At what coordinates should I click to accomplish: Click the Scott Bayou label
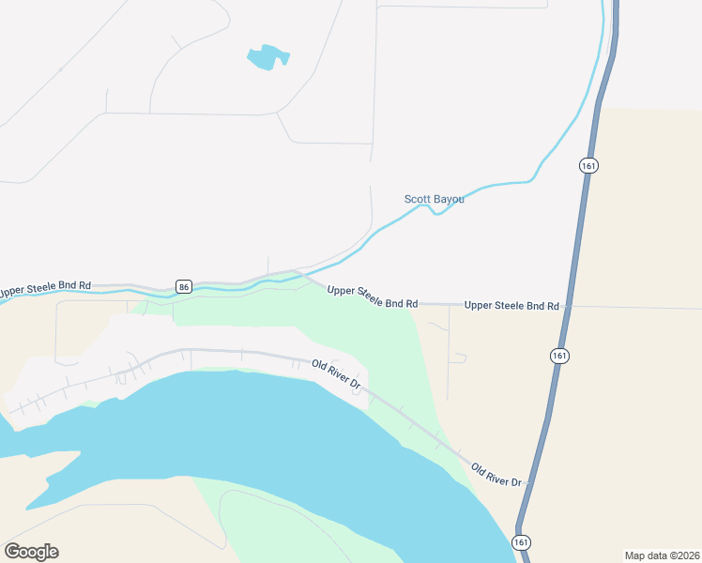434,199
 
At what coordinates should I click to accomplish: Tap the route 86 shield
184,286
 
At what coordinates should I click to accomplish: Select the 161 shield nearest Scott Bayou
588,165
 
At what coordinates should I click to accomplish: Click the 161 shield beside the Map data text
522,542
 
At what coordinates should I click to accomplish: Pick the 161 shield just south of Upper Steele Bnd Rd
559,356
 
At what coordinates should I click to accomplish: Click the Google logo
31,552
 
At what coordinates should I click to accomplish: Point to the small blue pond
267,57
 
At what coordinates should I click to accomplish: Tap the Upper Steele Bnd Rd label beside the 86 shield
45,290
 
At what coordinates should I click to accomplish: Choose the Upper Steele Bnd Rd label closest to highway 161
511,306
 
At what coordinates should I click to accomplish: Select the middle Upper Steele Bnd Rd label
372,297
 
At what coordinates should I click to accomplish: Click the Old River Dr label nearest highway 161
496,475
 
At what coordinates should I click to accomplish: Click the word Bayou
449,199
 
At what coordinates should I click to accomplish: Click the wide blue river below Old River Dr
282,432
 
